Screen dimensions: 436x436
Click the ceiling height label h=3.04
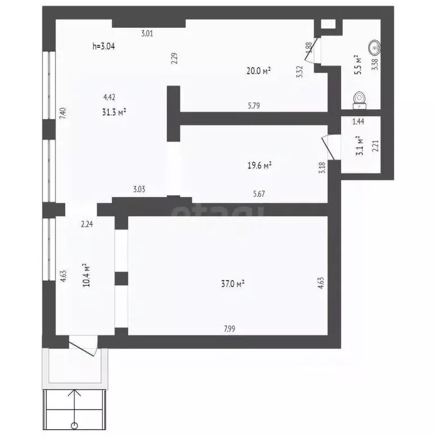click(103, 47)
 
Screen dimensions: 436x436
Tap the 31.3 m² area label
click(114, 112)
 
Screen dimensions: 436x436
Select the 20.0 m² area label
click(258, 70)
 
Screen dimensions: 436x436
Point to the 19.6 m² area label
click(259, 165)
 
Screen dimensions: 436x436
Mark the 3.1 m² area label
click(358, 146)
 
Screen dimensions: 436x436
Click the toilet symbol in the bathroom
click(359, 100)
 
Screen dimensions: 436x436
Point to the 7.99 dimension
click(230, 328)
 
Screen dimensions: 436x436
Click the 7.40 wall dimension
click(63, 113)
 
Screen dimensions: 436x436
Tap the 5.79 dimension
click(254, 106)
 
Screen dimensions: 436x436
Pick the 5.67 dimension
click(259, 194)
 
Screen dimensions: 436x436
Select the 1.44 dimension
click(358, 121)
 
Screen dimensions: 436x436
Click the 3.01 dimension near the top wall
click(147, 33)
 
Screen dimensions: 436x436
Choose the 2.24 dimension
click(87, 224)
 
